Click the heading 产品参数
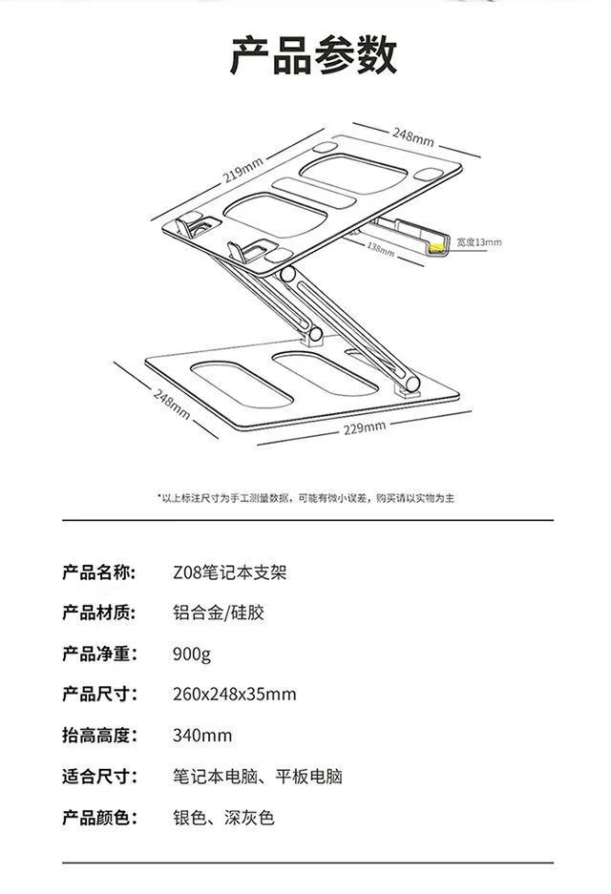click(x=313, y=54)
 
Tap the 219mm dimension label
click(x=243, y=170)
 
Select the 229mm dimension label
click(x=365, y=427)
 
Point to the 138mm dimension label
click(x=381, y=249)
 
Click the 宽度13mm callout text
click(x=479, y=242)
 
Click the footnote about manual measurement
click(x=306, y=498)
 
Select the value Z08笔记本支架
click(x=230, y=572)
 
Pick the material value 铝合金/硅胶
click(x=219, y=613)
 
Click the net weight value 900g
click(x=192, y=654)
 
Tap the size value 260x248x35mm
click(x=235, y=695)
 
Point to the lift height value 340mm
click(x=202, y=736)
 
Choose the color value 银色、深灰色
click(x=223, y=818)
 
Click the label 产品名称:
click(x=99, y=572)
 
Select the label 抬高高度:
click(x=99, y=736)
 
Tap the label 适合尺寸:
click(x=99, y=777)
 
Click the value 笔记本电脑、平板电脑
click(x=258, y=777)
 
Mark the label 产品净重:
click(x=99, y=654)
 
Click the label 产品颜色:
click(x=99, y=818)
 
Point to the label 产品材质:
click(x=99, y=613)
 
